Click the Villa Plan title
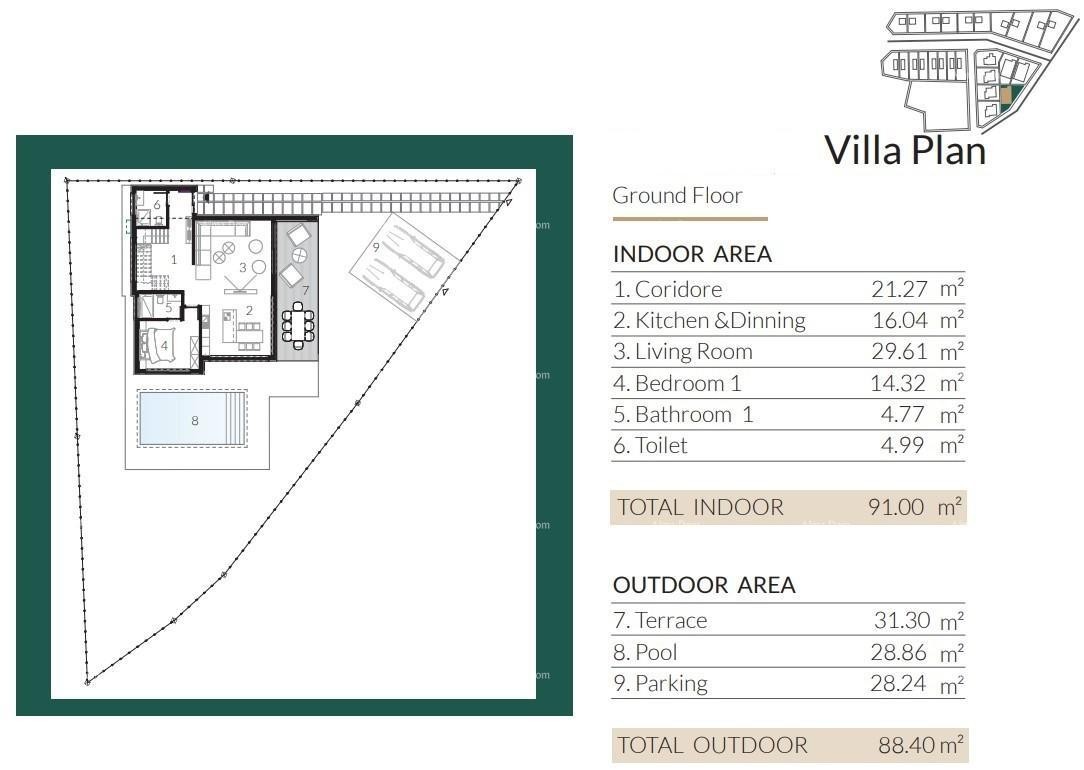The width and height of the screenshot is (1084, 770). point(904,150)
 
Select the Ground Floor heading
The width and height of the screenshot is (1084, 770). point(677,195)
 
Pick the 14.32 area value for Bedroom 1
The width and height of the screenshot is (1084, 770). point(899,383)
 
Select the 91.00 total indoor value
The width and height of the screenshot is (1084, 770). point(896,507)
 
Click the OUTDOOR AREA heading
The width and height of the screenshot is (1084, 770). point(704,585)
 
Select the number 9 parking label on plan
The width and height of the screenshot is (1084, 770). point(376,246)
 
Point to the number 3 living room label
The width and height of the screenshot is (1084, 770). point(242,268)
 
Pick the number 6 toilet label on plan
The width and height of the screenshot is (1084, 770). point(156,205)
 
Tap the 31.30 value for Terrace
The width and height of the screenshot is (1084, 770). point(902,621)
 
